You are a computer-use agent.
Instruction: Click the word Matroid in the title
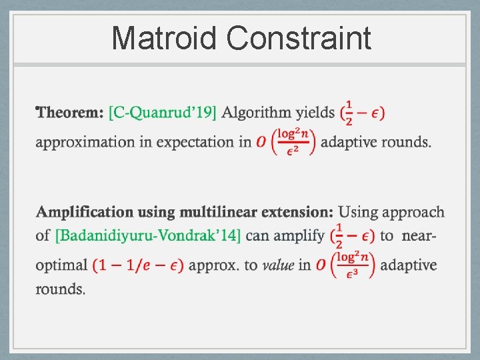[x=164, y=38]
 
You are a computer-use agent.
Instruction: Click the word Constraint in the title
[x=299, y=38]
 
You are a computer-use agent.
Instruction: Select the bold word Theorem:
[x=71, y=113]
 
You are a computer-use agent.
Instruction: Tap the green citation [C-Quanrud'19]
[x=163, y=113]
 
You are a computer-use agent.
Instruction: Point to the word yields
[x=315, y=113]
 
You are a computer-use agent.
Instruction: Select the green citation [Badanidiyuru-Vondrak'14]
[x=147, y=235]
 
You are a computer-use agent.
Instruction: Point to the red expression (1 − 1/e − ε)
[x=138, y=265]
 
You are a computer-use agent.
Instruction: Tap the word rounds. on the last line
[x=61, y=289]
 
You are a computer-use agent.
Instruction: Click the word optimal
[x=61, y=265]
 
